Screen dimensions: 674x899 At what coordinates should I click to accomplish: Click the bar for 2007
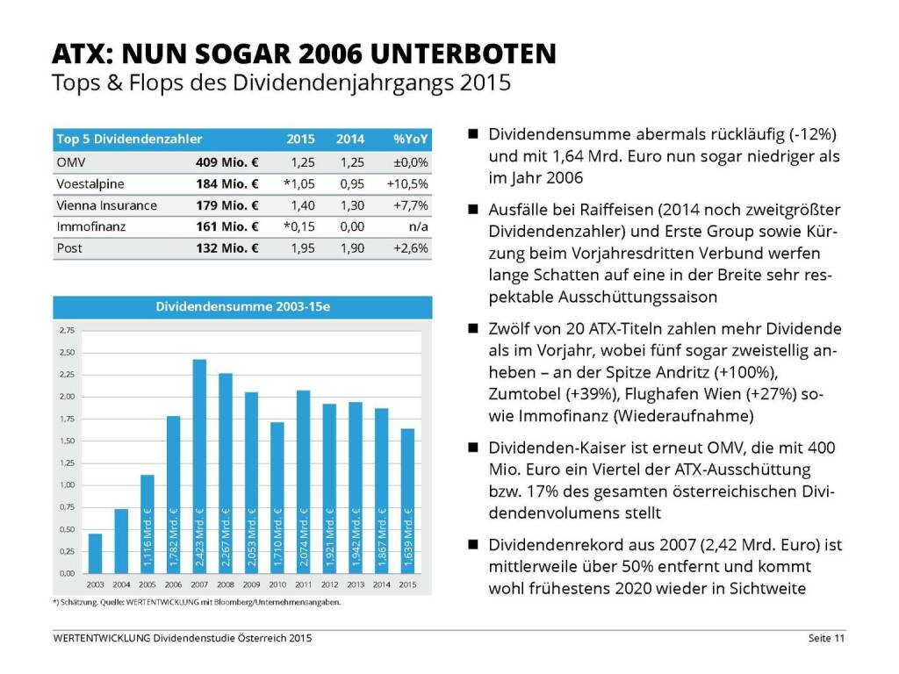(199, 466)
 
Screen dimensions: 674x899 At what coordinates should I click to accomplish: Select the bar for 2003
(95, 553)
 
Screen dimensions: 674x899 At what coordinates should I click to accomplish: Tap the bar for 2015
(407, 500)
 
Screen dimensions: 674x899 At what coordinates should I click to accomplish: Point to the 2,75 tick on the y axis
(68, 331)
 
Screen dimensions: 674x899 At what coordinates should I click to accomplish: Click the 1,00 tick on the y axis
(68, 485)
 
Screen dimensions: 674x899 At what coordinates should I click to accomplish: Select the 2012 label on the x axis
(329, 583)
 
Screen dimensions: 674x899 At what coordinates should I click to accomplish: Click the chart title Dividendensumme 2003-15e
(242, 307)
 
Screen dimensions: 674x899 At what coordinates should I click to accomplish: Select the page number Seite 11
(826, 638)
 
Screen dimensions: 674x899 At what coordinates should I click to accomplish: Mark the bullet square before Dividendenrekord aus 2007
(472, 544)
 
